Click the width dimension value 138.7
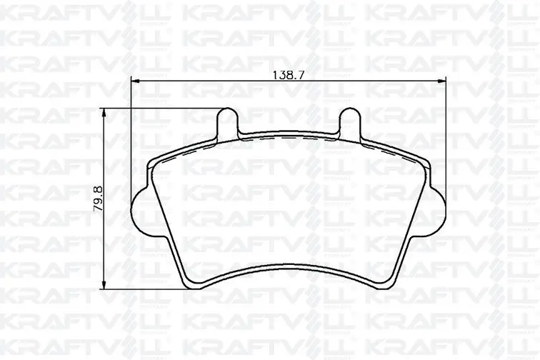pyautogui.click(x=289, y=75)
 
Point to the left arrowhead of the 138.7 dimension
pyautogui.click(x=135, y=81)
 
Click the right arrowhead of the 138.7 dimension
pyautogui.click(x=442, y=81)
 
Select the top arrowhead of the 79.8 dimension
pyautogui.click(x=104, y=112)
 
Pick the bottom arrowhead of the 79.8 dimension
pyautogui.click(x=104, y=286)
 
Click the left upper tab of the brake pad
pyautogui.click(x=227, y=121)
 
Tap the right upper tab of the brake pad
pyautogui.click(x=350, y=121)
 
